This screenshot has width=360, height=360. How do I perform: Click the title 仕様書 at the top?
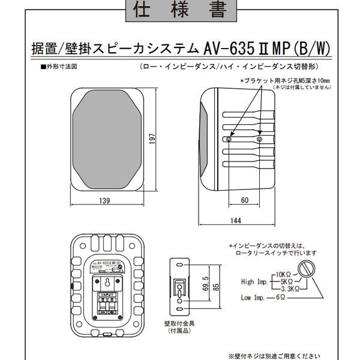tap(179, 10)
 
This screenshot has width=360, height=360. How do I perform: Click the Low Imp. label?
tap(253, 297)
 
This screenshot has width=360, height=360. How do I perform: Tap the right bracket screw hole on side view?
tap(259, 139)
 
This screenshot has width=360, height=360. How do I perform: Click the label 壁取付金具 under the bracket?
tap(175, 323)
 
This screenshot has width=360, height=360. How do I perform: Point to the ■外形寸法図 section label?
tap(58, 67)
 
